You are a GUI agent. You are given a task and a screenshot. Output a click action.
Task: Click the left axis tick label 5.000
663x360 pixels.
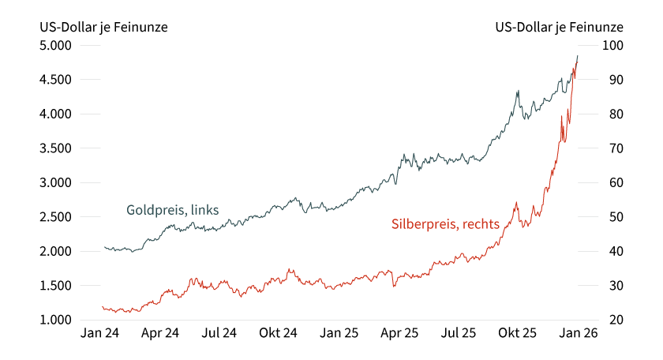tap(56, 46)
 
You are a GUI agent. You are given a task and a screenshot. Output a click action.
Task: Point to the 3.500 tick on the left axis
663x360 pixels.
tap(56, 148)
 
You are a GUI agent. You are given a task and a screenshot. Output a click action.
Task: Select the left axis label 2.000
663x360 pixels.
tap(56, 251)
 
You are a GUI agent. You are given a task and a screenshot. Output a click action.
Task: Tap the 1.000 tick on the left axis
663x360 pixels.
tap(56, 320)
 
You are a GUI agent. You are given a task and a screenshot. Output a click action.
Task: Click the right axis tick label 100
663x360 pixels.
tap(613, 46)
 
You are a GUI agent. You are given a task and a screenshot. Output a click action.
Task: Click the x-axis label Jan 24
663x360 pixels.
tap(99, 334)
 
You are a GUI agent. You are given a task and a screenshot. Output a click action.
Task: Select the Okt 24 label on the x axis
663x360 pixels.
tap(278, 334)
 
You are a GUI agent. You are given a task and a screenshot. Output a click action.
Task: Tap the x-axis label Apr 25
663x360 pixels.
tap(399, 334)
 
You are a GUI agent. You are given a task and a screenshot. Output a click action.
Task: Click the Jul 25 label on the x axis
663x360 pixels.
tap(458, 334)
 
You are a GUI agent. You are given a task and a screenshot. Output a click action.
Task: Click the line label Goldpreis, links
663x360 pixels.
tap(173, 210)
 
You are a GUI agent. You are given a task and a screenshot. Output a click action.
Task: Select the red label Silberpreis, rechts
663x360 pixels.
tap(445, 224)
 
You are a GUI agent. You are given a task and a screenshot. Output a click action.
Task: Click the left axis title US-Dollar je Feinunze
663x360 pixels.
tap(103, 27)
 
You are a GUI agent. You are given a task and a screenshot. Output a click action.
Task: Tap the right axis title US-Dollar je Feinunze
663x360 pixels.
tap(560, 27)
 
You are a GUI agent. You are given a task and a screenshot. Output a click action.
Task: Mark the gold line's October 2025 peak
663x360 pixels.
tap(518, 91)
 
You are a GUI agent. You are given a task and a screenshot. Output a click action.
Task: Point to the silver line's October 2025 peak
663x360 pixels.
tap(516, 202)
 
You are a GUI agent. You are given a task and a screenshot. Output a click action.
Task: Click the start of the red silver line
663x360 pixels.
tap(103, 307)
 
